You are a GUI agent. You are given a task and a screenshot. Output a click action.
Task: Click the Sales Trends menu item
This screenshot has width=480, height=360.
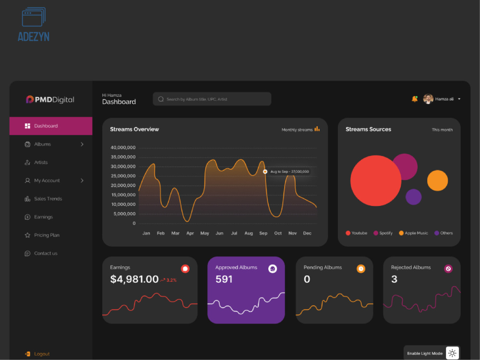pyautogui.click(x=43, y=199)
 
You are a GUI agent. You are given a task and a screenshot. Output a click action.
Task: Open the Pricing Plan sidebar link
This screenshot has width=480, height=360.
pyautogui.click(x=42, y=235)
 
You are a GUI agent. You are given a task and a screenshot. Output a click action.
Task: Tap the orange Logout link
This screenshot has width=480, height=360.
pyautogui.click(x=37, y=354)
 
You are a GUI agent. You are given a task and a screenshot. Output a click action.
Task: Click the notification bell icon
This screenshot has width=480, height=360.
pyautogui.click(x=415, y=99)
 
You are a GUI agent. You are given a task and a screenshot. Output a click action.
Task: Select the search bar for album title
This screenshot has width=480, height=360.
pyautogui.click(x=212, y=99)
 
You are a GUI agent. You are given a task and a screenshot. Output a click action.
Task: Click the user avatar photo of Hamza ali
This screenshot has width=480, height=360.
pyautogui.click(x=428, y=99)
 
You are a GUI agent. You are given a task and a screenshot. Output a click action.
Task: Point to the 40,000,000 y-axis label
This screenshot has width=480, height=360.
pyautogui.click(x=123, y=147)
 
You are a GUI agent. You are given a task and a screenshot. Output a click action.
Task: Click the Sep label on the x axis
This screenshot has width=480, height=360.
pyautogui.click(x=263, y=233)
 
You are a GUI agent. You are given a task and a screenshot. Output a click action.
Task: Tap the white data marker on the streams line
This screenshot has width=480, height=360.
pyautogui.click(x=265, y=172)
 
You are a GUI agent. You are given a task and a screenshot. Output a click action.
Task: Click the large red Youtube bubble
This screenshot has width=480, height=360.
pyautogui.click(x=376, y=180)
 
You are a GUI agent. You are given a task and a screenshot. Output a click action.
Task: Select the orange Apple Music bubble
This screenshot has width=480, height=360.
pyautogui.click(x=437, y=180)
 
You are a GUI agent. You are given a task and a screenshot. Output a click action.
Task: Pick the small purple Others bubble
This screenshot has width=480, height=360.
pyautogui.click(x=414, y=197)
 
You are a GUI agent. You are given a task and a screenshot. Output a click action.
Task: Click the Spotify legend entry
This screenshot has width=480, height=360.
pyautogui.click(x=383, y=233)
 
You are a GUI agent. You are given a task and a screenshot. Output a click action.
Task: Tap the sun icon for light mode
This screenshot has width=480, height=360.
pyautogui.click(x=452, y=353)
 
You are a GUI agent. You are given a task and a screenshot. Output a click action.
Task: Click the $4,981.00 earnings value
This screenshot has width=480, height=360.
pyautogui.click(x=134, y=279)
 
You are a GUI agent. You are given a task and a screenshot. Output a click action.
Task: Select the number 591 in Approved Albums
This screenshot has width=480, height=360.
pyautogui.click(x=224, y=279)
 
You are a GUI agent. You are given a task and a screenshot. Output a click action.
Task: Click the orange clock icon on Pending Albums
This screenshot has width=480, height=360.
pyautogui.click(x=361, y=269)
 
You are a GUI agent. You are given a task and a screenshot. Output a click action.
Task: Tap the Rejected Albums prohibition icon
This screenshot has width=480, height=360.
pyautogui.click(x=448, y=269)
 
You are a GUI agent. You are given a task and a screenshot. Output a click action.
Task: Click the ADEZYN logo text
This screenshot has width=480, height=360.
pyautogui.click(x=34, y=37)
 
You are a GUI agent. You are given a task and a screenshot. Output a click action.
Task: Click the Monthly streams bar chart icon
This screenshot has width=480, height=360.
pyautogui.click(x=317, y=129)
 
